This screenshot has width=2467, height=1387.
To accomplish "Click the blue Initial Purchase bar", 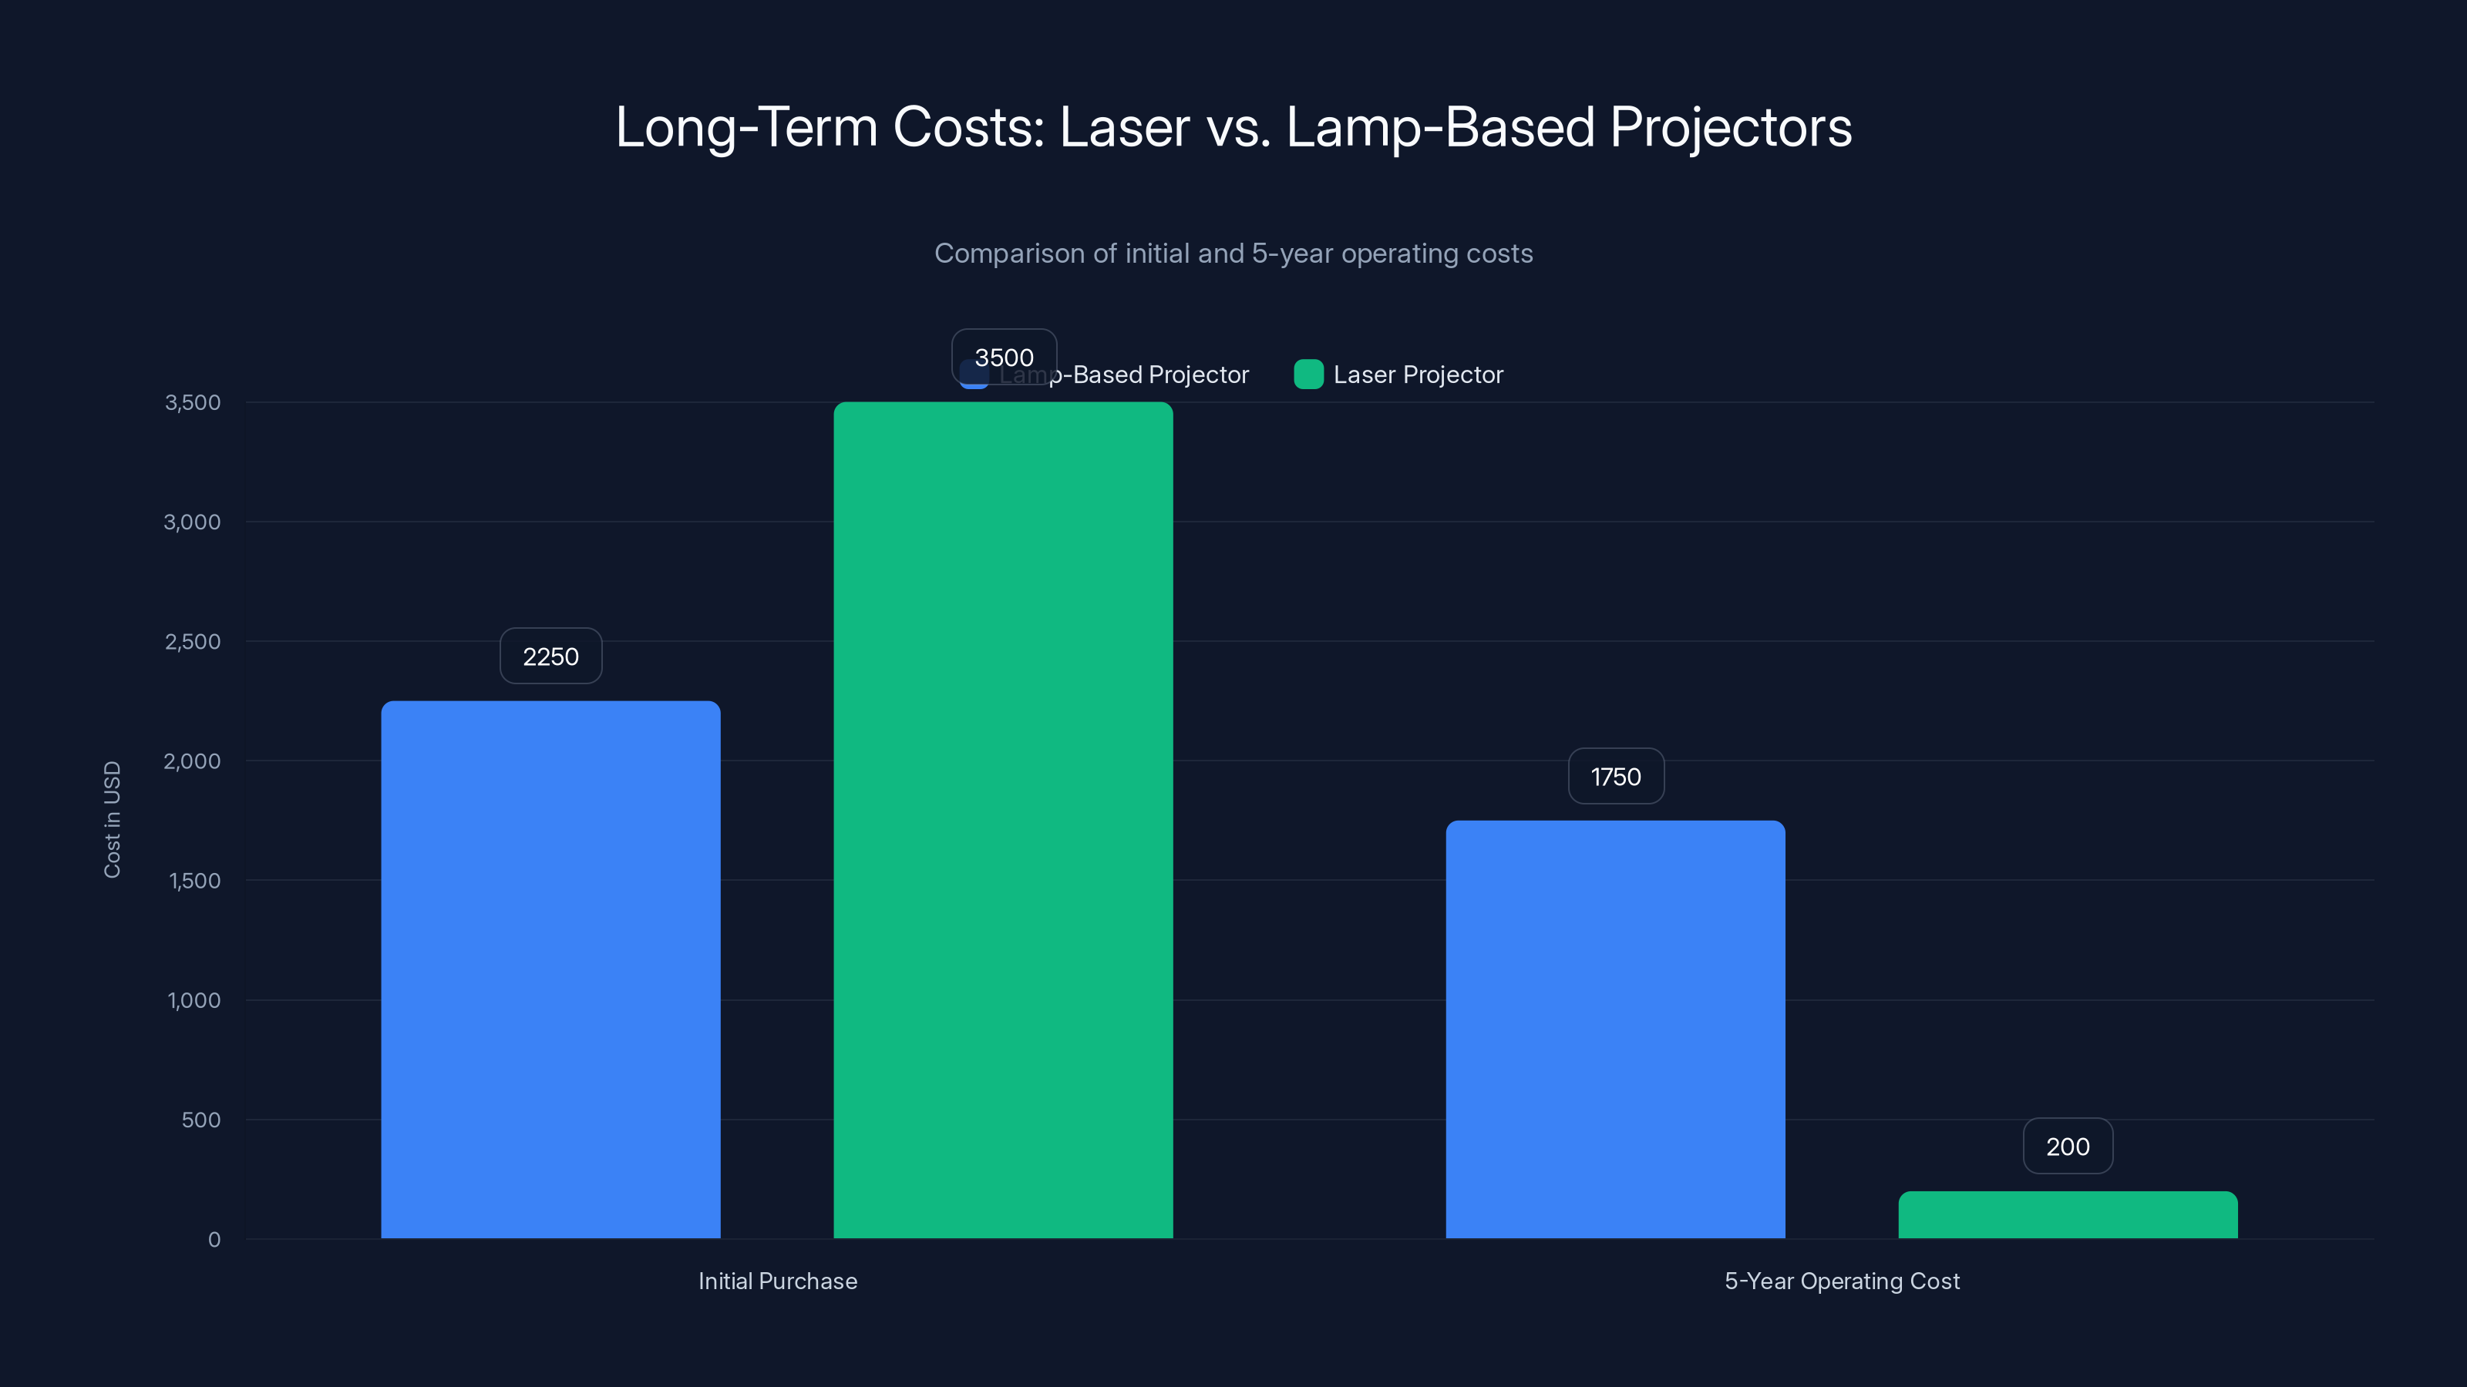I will pos(550,969).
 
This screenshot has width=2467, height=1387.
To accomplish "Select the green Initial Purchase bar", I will pos(1003,819).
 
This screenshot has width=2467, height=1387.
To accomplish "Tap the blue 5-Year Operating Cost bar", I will pos(1614,1029).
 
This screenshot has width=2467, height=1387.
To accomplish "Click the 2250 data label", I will pos(550,657).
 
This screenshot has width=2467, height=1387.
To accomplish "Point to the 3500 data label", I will pos(1004,357).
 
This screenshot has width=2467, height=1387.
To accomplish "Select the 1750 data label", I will pos(1616,776).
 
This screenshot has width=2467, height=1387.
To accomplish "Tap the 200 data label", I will pos(2068,1146).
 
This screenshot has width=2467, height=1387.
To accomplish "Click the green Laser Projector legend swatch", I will pos(1308,374).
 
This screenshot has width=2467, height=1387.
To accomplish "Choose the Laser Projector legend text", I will pos(1418,374).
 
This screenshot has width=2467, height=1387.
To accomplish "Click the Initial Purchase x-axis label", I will pos(778,1281).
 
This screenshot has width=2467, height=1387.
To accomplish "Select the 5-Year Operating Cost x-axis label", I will pos(1842,1281).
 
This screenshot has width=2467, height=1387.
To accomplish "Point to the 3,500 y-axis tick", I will pos(193,402).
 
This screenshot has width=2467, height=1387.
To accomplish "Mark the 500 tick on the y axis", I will pos(201,1120).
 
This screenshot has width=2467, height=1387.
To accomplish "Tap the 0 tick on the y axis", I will pos(214,1240).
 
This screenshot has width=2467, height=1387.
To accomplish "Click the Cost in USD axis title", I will pos(112,819).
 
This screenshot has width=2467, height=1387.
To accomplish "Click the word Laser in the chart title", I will pos(1124,127).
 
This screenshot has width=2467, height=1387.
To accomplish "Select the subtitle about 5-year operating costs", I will pos(1233,254).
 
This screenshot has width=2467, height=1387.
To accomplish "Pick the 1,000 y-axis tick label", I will pos(194,1000).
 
